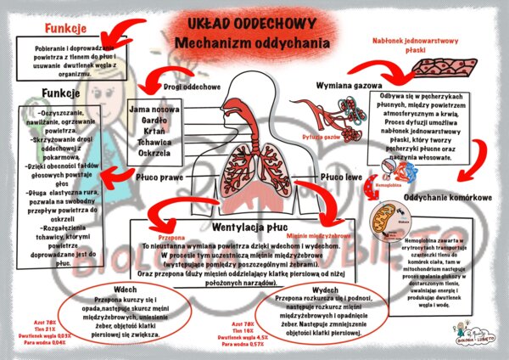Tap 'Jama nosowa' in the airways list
tap(154, 109)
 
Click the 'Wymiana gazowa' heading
tap(349, 87)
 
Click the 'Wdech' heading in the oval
tap(107, 289)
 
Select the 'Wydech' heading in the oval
tap(322, 287)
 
